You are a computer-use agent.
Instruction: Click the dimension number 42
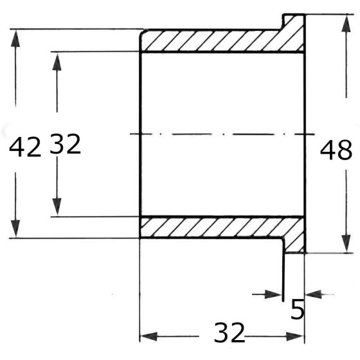(x=25, y=148)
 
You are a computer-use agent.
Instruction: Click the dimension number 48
(x=336, y=150)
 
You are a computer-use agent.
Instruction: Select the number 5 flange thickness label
(x=297, y=309)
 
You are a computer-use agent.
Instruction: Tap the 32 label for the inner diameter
(x=65, y=144)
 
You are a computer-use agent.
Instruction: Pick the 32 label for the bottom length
(x=229, y=333)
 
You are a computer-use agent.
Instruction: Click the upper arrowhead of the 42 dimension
(x=15, y=39)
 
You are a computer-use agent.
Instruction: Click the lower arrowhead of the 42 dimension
(x=15, y=228)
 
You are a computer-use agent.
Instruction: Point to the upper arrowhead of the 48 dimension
(x=346, y=24)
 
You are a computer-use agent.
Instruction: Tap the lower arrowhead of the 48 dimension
(x=346, y=244)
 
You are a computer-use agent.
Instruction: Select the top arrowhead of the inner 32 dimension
(x=57, y=62)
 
